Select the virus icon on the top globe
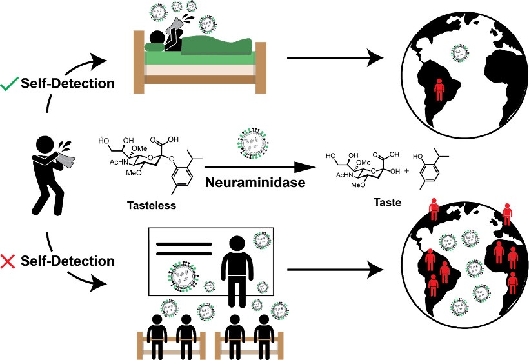459,52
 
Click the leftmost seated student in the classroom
157,329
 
